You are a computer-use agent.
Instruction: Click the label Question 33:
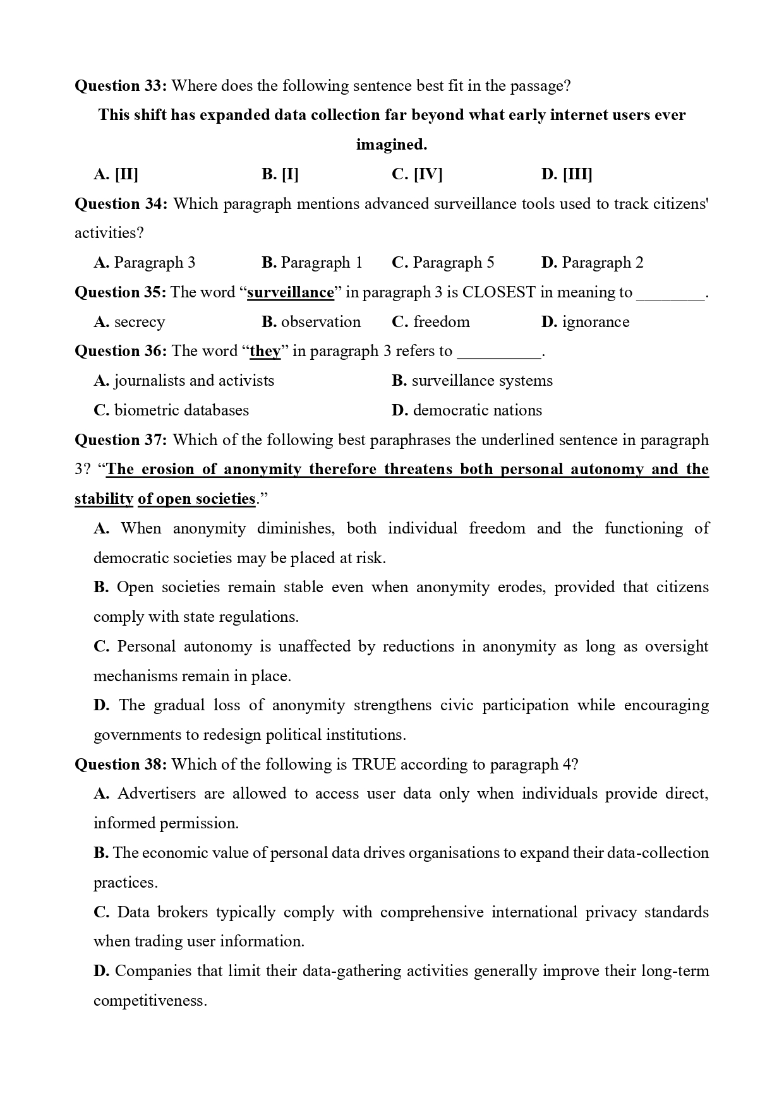(120, 86)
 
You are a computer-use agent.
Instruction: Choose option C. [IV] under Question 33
(416, 174)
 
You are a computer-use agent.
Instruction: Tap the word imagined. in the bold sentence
(392, 145)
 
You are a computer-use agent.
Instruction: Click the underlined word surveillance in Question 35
(290, 292)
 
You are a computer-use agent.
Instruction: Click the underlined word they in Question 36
(265, 351)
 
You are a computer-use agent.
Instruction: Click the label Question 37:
(121, 440)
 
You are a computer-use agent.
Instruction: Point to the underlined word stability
(104, 499)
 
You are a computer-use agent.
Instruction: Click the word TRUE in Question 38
(374, 765)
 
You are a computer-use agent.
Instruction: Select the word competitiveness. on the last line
(150, 1001)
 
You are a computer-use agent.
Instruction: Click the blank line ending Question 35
(670, 295)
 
